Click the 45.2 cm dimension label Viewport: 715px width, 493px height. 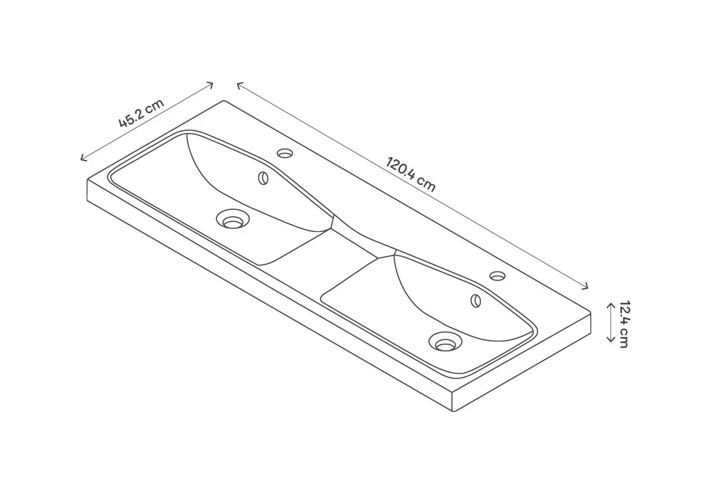(x=141, y=113)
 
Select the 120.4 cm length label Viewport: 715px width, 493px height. (x=411, y=174)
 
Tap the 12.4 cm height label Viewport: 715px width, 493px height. (x=623, y=324)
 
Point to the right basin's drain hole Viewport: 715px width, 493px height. (x=446, y=343)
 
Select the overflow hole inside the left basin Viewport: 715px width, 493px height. (x=263, y=178)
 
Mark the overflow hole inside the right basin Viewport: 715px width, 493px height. (x=476, y=300)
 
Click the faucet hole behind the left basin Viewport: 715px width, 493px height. (x=285, y=153)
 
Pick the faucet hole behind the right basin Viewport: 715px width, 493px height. (x=497, y=275)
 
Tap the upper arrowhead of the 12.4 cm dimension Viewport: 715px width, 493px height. (x=610, y=304)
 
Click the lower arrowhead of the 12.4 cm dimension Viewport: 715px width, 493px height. (x=610, y=341)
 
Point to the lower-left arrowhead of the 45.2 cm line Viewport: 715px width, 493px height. (x=83, y=159)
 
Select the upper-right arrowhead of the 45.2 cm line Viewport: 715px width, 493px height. (x=211, y=85)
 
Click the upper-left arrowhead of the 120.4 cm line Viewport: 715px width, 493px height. (x=238, y=84)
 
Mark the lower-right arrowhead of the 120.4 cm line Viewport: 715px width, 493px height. (x=587, y=287)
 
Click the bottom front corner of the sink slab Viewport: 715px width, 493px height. (x=453, y=412)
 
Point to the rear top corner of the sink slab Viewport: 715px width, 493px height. (x=225, y=101)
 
